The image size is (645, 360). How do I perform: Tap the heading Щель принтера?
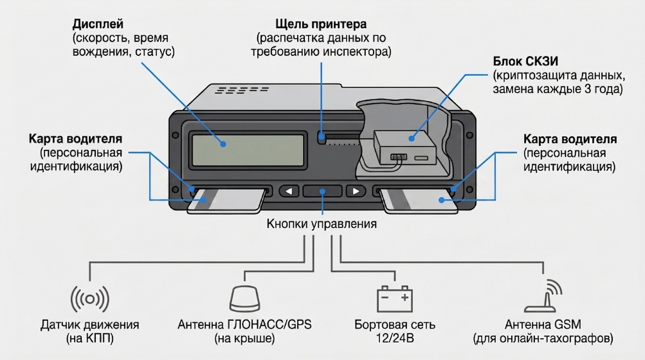[x=321, y=25]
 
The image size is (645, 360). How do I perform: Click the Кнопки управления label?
[x=321, y=224]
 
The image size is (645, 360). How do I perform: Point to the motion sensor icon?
[x=90, y=298]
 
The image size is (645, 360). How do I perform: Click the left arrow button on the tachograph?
[x=290, y=191]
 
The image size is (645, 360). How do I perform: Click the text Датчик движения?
[x=90, y=325]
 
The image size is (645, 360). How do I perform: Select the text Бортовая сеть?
[x=395, y=325]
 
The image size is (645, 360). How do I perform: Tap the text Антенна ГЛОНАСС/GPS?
[x=245, y=325]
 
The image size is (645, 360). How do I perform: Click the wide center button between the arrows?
[x=322, y=191]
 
